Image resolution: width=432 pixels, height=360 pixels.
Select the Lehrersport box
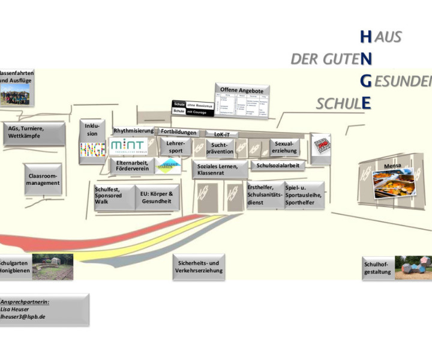point(175,147)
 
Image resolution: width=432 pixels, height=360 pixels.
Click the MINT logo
point(127,146)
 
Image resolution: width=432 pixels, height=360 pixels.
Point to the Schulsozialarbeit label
point(278,165)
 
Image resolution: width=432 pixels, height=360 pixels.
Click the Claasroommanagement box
point(44,179)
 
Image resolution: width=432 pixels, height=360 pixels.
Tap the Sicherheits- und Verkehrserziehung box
point(199,266)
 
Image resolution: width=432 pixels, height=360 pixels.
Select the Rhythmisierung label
point(133,131)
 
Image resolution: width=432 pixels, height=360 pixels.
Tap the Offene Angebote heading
point(241,90)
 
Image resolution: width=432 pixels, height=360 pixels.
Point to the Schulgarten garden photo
point(53,266)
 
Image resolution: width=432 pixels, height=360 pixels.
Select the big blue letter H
point(365,37)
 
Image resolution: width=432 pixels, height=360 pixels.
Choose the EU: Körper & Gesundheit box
point(157,197)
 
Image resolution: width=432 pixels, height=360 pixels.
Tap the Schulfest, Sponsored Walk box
point(112,195)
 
